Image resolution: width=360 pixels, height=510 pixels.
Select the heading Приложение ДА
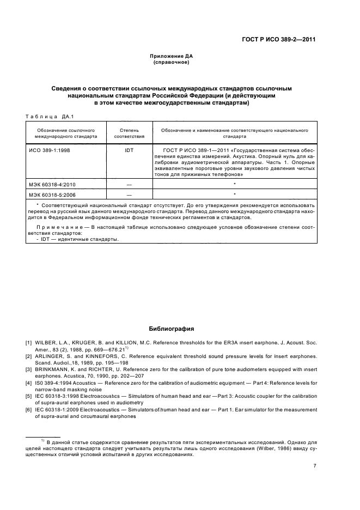coord(172,56)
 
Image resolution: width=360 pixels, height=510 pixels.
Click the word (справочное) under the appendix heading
coord(172,62)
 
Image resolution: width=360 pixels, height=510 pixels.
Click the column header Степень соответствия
coord(130,134)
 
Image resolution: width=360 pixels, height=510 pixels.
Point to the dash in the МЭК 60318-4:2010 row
coord(130,185)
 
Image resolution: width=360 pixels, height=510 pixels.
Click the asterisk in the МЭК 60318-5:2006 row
coord(234,194)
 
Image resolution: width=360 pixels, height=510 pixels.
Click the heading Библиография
coord(172,329)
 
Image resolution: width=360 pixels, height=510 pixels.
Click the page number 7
coord(315,466)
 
